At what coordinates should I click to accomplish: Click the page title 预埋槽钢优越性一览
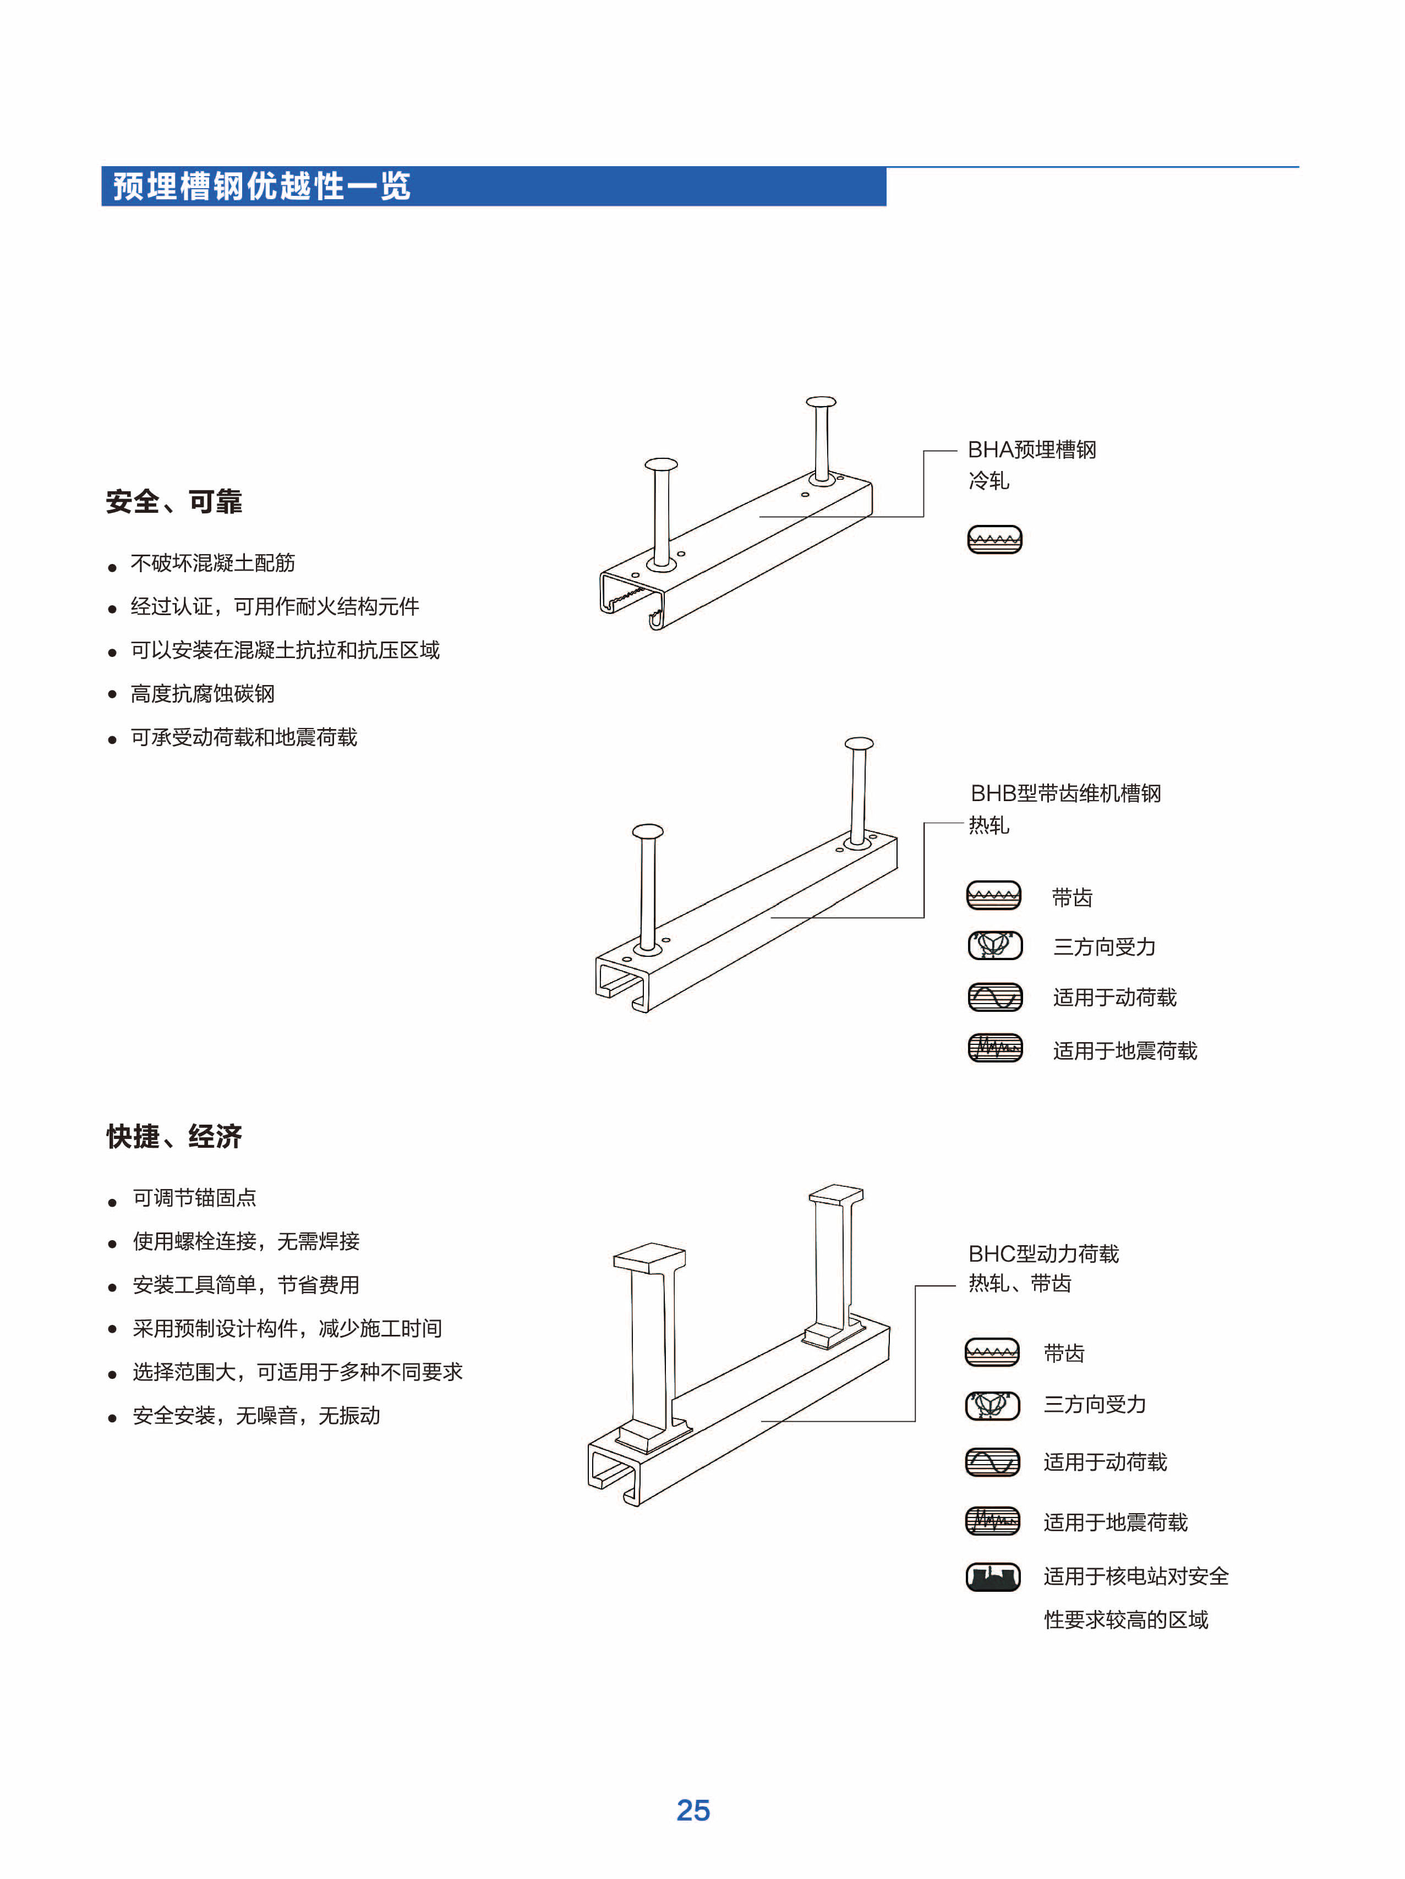[x=261, y=186]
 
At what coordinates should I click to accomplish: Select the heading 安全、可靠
[x=174, y=501]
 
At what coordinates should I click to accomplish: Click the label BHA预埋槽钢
[x=1031, y=450]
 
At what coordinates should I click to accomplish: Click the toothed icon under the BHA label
[x=994, y=539]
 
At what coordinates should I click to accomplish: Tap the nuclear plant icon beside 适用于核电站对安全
[x=993, y=1576]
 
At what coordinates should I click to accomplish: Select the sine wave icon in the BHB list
[x=996, y=996]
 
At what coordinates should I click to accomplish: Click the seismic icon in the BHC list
[x=993, y=1520]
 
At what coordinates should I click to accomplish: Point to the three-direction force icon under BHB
[x=996, y=945]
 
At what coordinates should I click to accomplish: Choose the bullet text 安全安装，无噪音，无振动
[x=256, y=1415]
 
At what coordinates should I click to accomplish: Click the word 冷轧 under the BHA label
[x=989, y=481]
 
